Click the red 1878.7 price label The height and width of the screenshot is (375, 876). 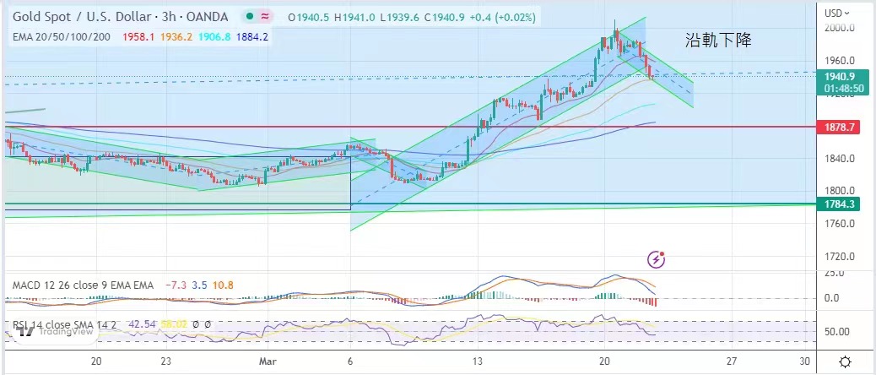[841, 127]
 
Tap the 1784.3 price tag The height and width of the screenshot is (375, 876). [841, 204]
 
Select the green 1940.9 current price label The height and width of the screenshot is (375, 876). [841, 75]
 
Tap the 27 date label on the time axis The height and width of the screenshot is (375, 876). [732, 361]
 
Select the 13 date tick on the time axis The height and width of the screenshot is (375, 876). [477, 361]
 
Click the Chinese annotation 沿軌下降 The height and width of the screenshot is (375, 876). [718, 40]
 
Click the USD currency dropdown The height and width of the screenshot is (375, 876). [838, 13]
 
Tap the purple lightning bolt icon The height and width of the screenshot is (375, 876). [657, 259]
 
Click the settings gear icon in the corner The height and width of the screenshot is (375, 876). [845, 361]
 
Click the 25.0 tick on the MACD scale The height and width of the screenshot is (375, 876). [834, 272]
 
